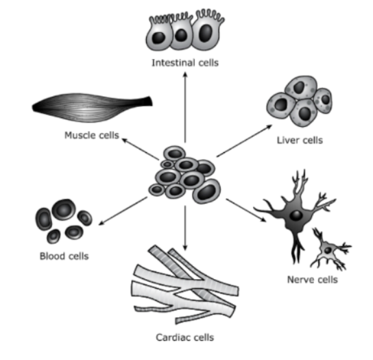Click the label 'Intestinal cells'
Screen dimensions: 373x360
[185, 63]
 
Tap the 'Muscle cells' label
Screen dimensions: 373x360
[92, 135]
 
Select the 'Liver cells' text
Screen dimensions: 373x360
[300, 140]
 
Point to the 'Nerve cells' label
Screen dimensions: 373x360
[313, 280]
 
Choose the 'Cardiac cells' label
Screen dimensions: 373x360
[185, 337]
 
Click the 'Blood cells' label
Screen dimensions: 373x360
[64, 256]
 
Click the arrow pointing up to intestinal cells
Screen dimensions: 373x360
[185, 107]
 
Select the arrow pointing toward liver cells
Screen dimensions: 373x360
[244, 141]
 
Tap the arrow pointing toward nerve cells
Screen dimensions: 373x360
[246, 210]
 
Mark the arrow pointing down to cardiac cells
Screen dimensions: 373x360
[185, 228]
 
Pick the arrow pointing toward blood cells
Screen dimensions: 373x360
[123, 211]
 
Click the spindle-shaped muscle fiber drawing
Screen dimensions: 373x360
[93, 108]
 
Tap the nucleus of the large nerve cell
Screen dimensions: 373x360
[296, 216]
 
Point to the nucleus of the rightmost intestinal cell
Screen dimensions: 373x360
[205, 34]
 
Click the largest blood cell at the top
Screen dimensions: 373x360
[64, 210]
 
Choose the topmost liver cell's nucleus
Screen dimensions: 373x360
[299, 87]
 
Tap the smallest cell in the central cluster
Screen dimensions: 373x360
[167, 164]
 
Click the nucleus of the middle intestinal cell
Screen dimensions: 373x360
[181, 35]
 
